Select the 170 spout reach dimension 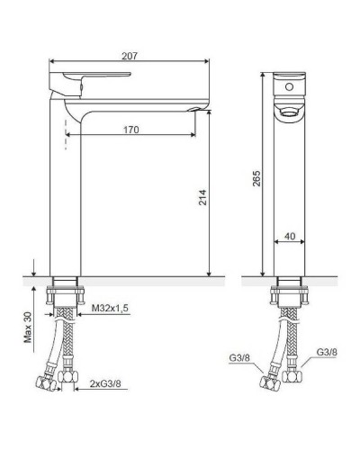[131, 129]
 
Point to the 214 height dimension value [202, 197]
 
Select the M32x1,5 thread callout [111, 309]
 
